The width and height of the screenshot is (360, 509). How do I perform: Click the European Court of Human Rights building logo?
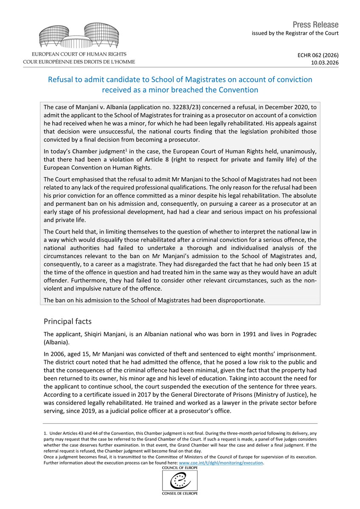79,37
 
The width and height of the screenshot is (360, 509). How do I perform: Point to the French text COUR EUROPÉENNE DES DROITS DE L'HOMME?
79,62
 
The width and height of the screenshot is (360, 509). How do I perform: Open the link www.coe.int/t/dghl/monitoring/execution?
221,463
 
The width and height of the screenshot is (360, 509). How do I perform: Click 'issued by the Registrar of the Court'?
295,33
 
